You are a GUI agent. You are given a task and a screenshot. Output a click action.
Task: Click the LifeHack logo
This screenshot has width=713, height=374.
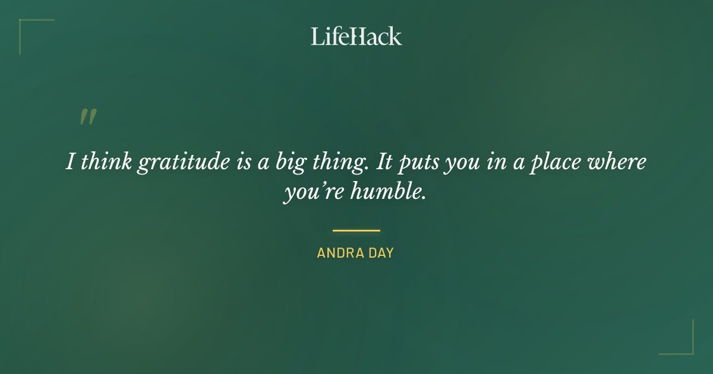[356, 36]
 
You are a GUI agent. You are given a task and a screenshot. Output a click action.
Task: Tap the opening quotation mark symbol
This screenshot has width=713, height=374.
[87, 117]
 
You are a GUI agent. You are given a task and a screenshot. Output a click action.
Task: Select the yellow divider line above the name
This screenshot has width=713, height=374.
[356, 230]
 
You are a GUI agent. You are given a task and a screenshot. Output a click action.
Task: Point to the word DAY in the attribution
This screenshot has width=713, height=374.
[381, 253]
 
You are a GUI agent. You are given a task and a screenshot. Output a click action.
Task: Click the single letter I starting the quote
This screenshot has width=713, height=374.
[70, 162]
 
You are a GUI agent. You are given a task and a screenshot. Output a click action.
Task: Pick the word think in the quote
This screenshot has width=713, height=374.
[106, 162]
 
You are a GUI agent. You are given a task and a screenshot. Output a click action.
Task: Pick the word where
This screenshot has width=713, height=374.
[619, 162]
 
